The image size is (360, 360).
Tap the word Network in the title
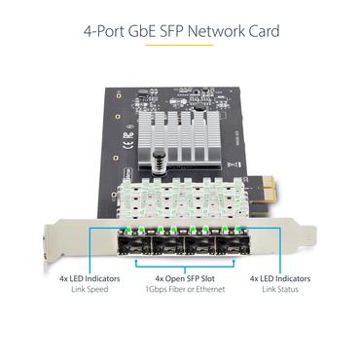218,32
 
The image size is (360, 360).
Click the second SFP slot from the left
164,242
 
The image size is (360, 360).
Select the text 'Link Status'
279,289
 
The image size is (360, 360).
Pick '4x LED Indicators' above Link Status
280,278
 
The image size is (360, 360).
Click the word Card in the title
265,32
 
